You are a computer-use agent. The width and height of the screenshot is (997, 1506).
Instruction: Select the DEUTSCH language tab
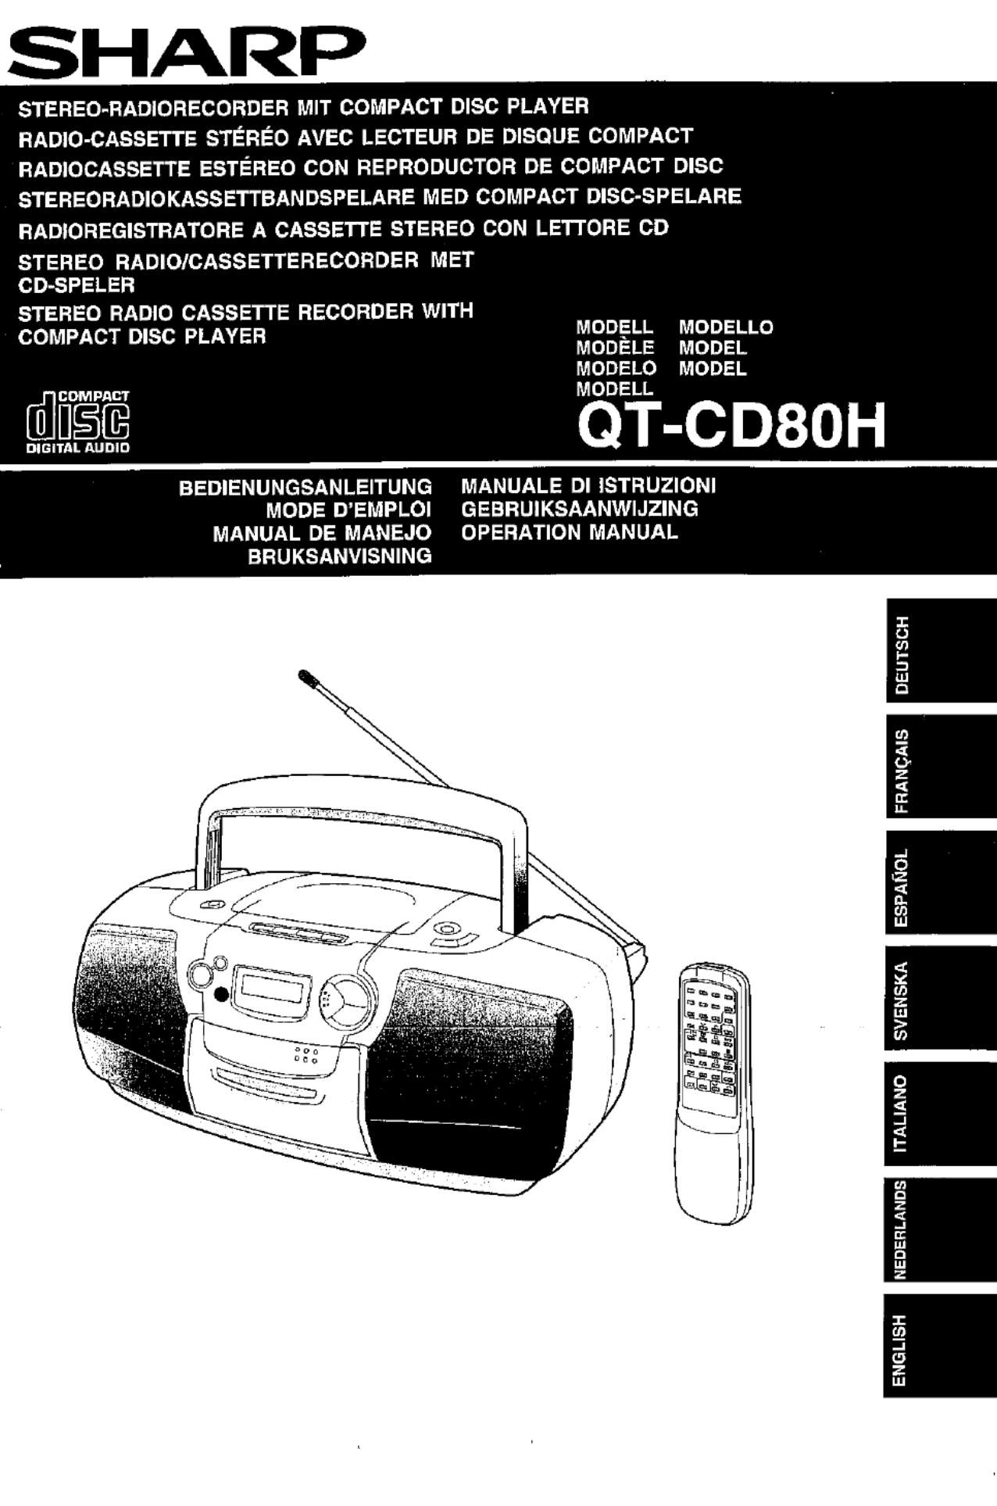pyautogui.click(x=940, y=655)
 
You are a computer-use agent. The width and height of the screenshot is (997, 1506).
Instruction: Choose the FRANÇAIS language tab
pyautogui.click(x=940, y=771)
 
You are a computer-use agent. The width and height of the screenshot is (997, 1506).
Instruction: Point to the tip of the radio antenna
pyautogui.click(x=302, y=673)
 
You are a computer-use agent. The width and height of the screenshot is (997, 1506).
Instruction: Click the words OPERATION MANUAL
pyautogui.click(x=570, y=533)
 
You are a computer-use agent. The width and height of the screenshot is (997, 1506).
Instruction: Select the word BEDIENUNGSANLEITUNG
pyautogui.click(x=306, y=488)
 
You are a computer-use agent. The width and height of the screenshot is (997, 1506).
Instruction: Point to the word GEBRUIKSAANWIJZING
pyautogui.click(x=580, y=510)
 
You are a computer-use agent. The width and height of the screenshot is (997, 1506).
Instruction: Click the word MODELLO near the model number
pyautogui.click(x=726, y=327)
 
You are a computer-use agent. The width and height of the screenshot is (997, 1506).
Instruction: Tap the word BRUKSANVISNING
pyautogui.click(x=340, y=556)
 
